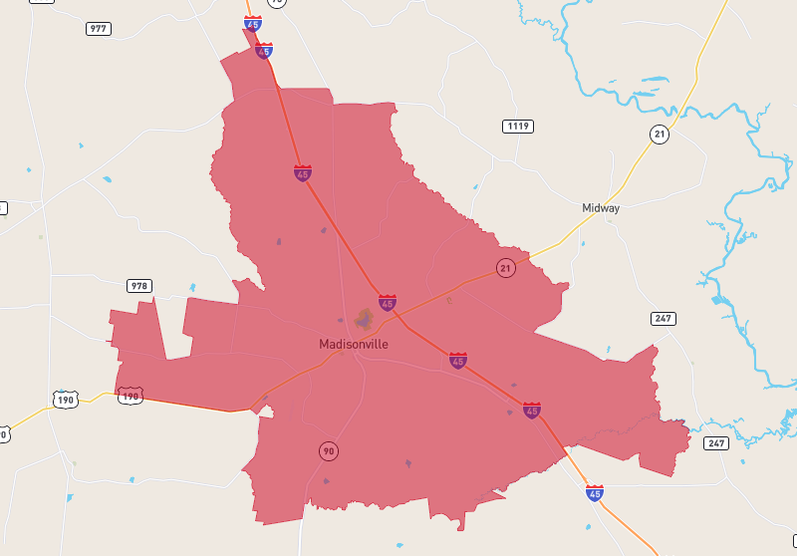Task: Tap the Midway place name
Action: [601, 208]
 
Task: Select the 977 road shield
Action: [99, 28]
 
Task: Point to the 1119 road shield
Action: [517, 126]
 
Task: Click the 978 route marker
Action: [138, 286]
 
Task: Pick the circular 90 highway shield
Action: [329, 451]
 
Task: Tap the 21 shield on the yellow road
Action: [660, 135]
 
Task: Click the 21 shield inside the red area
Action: [506, 268]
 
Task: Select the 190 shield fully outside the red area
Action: [66, 400]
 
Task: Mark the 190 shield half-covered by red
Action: [131, 396]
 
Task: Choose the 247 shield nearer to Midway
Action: [664, 319]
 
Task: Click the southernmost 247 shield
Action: [716, 442]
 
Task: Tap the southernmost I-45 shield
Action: [595, 493]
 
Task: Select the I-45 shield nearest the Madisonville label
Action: [387, 302]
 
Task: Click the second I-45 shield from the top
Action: [263, 51]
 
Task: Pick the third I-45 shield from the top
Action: [302, 173]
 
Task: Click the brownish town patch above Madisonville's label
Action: [365, 318]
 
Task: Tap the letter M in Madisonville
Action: [325, 344]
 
